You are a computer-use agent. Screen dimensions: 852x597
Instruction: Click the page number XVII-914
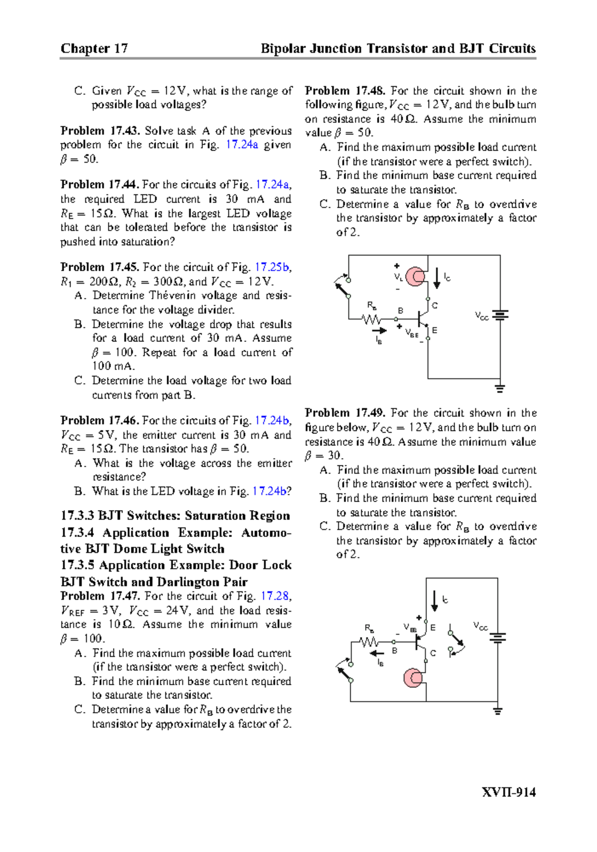pos(508,792)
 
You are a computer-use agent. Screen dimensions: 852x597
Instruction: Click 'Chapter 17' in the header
pos(94,48)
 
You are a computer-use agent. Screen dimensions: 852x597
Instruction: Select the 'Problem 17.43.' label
pos(100,131)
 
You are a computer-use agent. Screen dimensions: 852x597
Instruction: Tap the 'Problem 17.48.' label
pos(345,91)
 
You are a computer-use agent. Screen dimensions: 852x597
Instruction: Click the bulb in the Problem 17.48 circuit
pos(415,277)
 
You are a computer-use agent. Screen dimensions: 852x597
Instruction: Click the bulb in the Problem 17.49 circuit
pos(413,678)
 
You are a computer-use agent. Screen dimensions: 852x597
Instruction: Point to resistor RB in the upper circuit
pos(372,319)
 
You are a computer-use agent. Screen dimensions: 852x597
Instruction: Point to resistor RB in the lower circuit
pos(369,642)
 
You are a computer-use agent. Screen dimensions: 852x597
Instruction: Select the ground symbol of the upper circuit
pos(500,388)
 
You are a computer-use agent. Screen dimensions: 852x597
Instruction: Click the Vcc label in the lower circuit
pos(480,626)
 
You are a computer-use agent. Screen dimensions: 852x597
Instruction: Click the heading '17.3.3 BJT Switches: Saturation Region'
pos(175,516)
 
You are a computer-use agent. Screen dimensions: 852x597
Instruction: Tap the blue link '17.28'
pos(274,596)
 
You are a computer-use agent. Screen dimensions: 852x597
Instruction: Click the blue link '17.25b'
pos(271,267)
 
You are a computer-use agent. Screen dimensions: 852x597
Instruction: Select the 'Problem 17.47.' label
pos(100,596)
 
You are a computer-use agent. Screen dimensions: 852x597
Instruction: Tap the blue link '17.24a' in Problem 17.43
pos(242,145)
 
